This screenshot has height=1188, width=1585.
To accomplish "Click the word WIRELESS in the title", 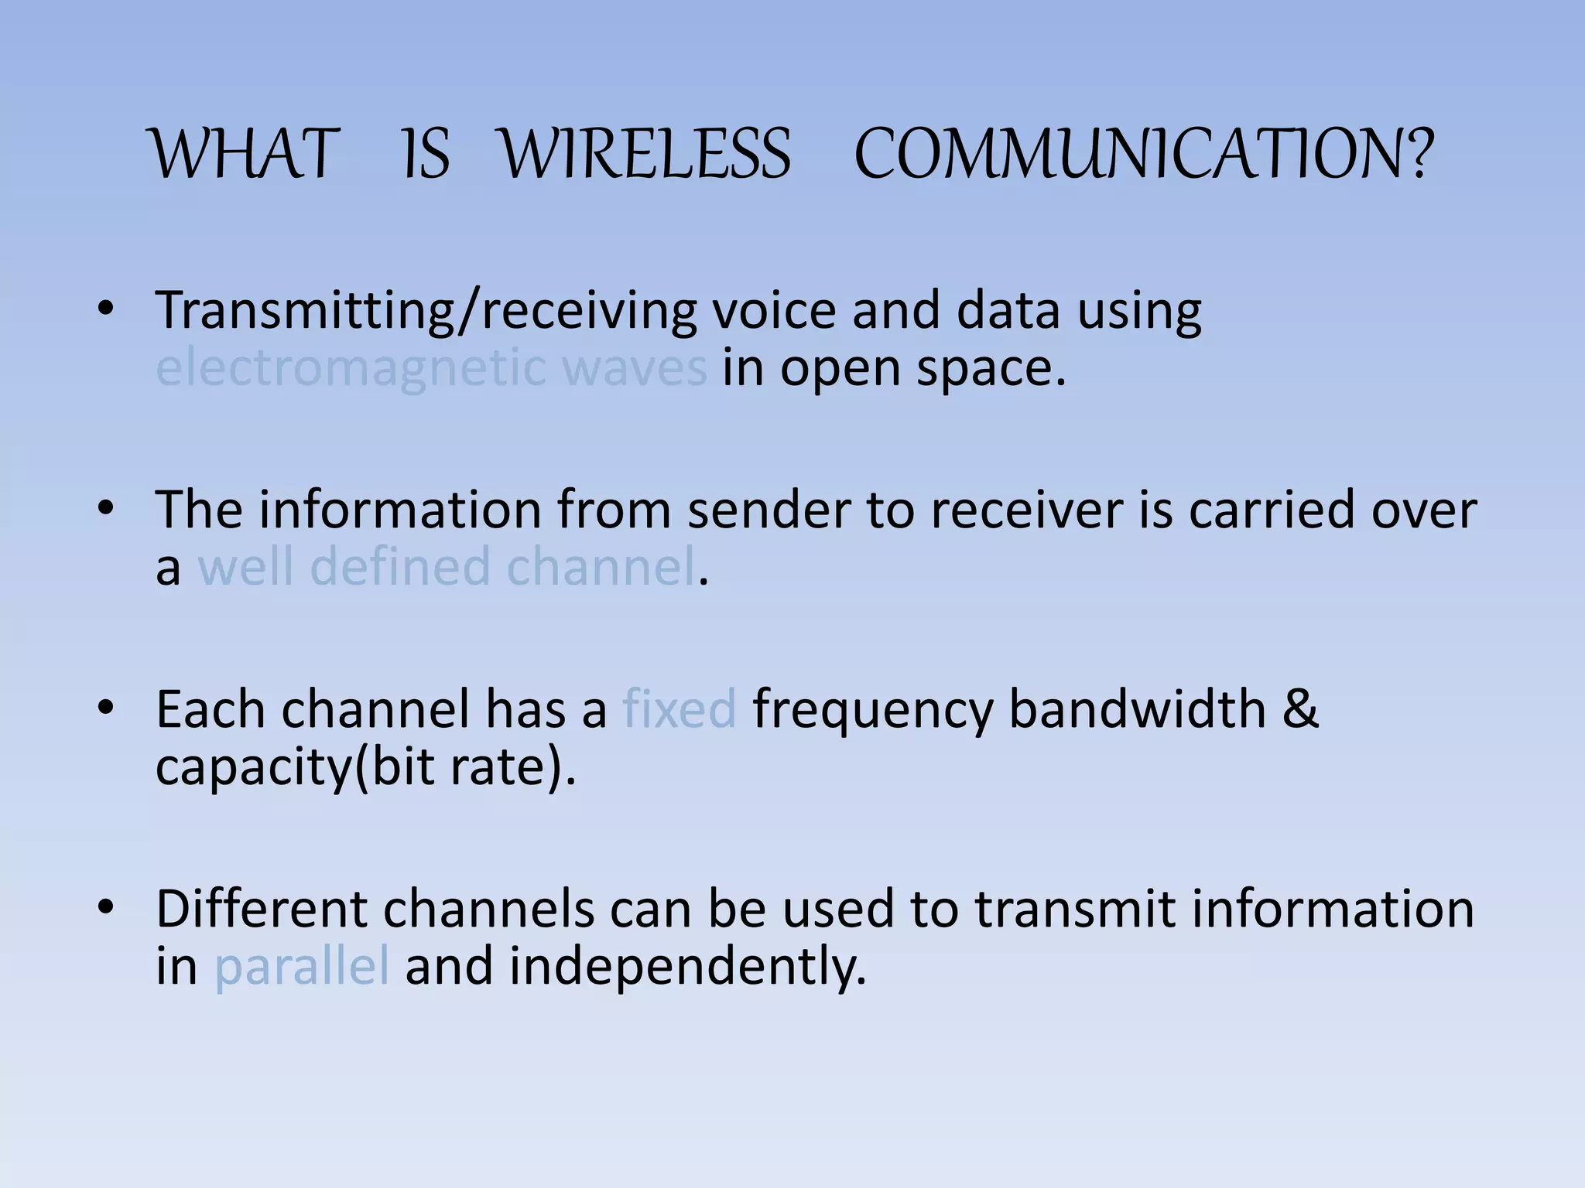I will pos(646,155).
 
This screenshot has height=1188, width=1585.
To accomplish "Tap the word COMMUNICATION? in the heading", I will pos(1143,155).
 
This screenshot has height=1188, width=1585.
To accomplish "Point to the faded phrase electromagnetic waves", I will pos(431,368).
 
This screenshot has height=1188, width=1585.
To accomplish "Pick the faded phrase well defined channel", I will pos(447,567).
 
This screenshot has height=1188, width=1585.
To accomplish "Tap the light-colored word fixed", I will pos(679,708).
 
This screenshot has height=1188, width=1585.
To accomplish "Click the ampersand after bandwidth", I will pos(1300,708).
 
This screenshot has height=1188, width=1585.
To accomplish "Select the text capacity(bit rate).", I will pos(365,767).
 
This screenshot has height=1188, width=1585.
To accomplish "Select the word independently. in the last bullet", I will pos(687,968).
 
